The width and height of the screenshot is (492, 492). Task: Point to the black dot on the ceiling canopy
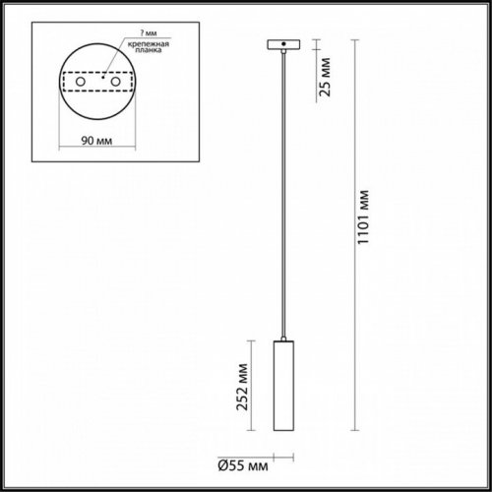tap(282, 44)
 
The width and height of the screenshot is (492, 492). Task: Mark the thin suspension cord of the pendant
tap(282, 197)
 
